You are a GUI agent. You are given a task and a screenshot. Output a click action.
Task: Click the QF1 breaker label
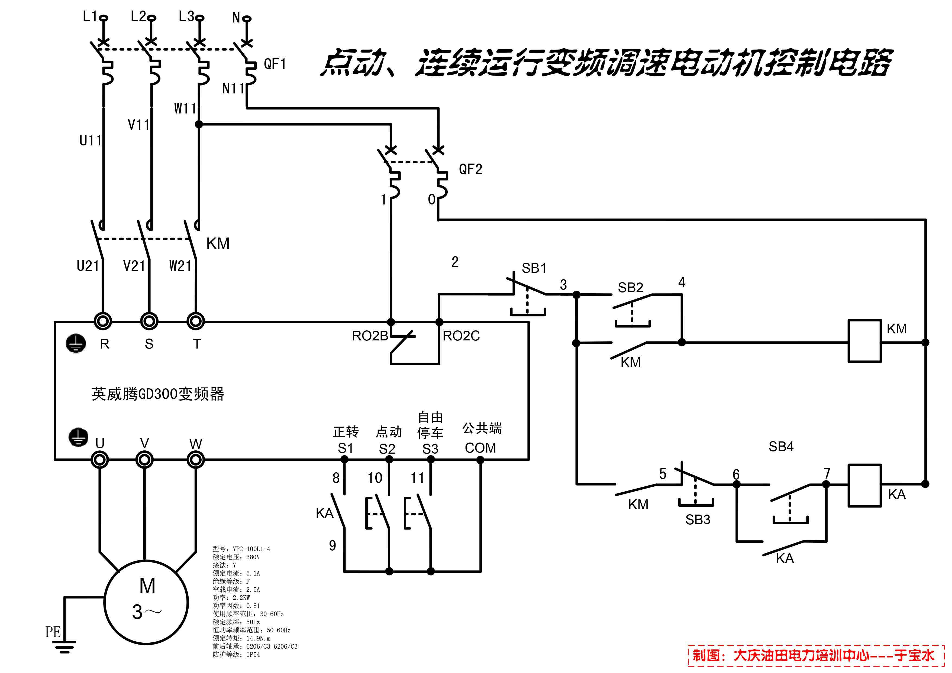click(x=275, y=64)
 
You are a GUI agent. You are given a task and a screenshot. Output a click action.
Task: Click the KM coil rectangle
click(x=864, y=341)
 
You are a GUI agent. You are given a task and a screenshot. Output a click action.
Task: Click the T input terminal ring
click(x=196, y=321)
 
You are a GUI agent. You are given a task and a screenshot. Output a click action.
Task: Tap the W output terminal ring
click(x=196, y=460)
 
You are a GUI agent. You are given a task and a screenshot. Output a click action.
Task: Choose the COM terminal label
click(x=480, y=448)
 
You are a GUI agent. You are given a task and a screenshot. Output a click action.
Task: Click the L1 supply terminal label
click(x=89, y=17)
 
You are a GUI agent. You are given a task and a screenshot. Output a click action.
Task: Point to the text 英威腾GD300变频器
click(x=157, y=394)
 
